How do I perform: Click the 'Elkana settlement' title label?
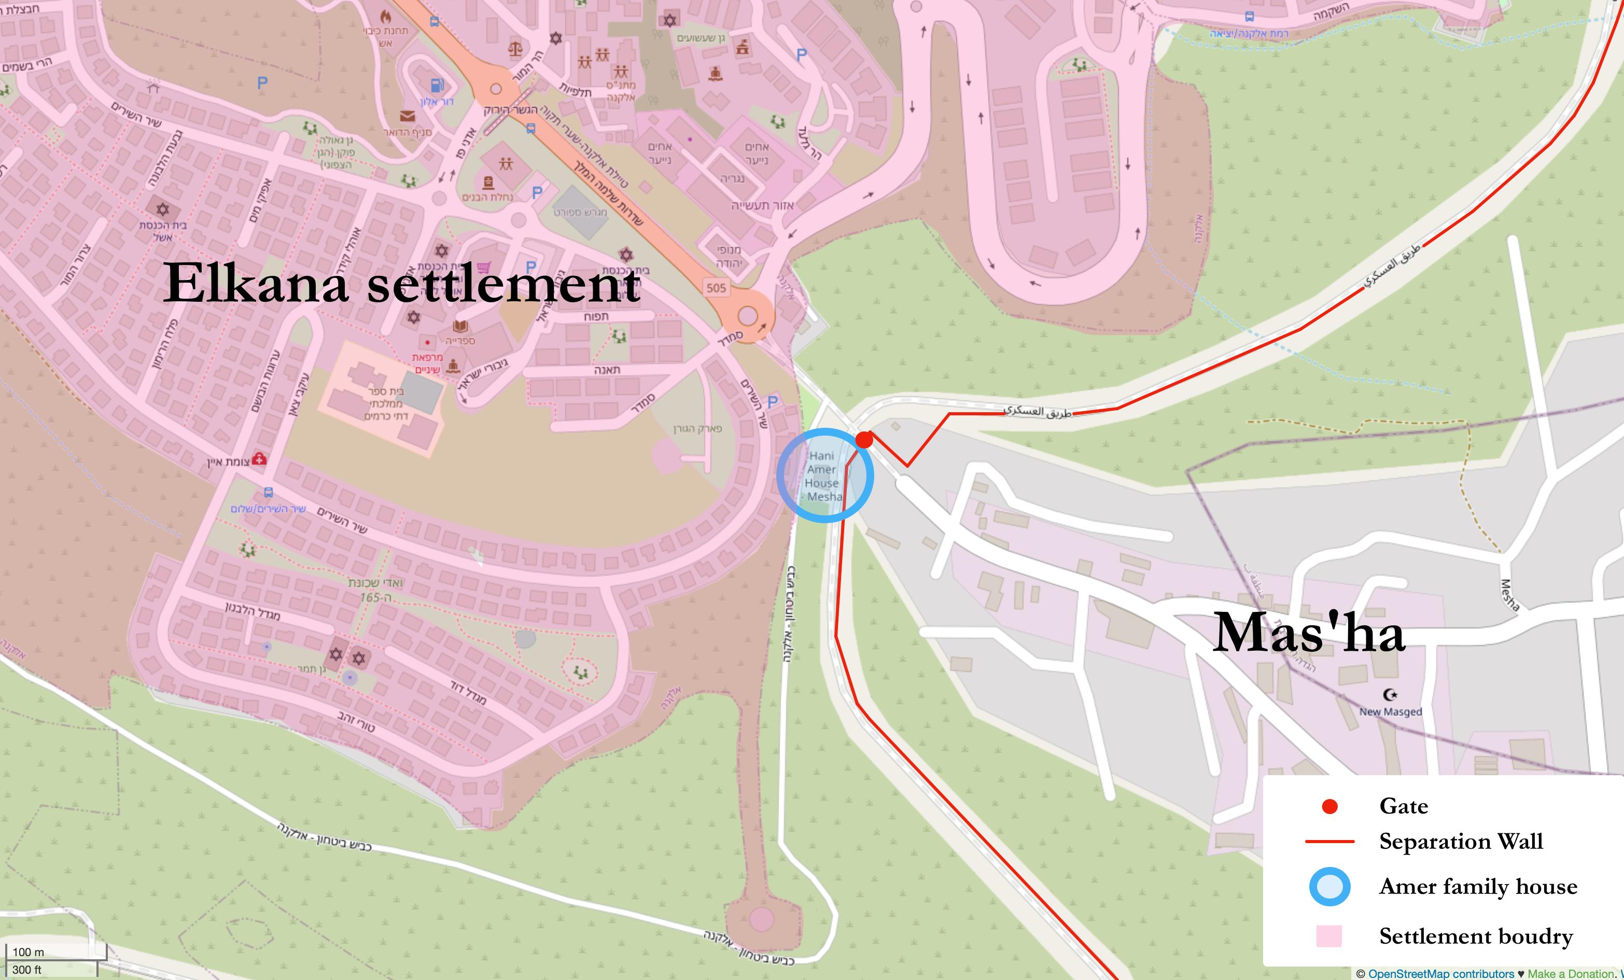[401, 284]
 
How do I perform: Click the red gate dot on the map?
[864, 440]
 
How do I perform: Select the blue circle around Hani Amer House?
[824, 475]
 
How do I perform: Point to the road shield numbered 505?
[716, 287]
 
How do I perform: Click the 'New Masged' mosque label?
[1390, 712]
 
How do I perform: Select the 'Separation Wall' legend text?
[1461, 842]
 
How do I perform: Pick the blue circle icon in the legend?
[1329, 887]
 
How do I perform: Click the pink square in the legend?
[1329, 936]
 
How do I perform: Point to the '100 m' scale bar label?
[29, 951]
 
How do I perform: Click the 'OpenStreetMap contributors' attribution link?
[1441, 973]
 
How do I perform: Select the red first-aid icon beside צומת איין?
[259, 459]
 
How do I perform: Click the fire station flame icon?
[385, 16]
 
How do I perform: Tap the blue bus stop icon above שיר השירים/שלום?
[268, 492]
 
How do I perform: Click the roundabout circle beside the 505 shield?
[747, 316]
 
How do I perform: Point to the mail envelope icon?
[408, 116]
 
